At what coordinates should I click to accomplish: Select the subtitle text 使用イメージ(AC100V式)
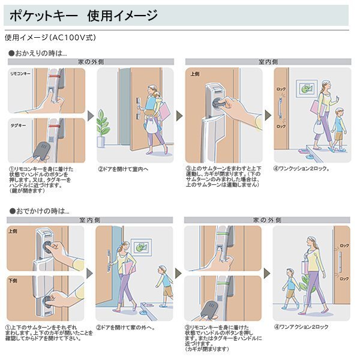[50, 37]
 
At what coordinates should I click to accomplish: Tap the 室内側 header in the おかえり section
[266, 61]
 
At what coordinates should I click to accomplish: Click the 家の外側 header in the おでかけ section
[266, 220]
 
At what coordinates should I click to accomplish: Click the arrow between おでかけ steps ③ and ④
[267, 274]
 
